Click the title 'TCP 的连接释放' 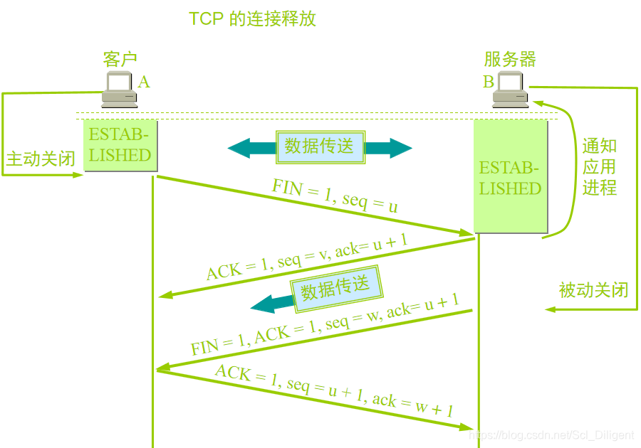(x=252, y=18)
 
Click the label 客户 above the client (x=120, y=60)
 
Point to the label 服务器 (x=510, y=60)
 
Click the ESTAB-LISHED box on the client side (x=120, y=145)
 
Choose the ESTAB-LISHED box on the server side (x=511, y=177)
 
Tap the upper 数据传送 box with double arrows (x=320, y=147)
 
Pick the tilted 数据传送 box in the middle (x=336, y=288)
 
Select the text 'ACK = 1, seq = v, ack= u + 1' (x=307, y=257)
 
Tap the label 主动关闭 (x=41, y=158)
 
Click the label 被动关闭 (x=593, y=289)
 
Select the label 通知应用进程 (x=599, y=167)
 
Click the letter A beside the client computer (x=144, y=82)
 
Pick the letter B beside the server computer (x=489, y=82)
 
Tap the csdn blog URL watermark (x=553, y=434)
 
